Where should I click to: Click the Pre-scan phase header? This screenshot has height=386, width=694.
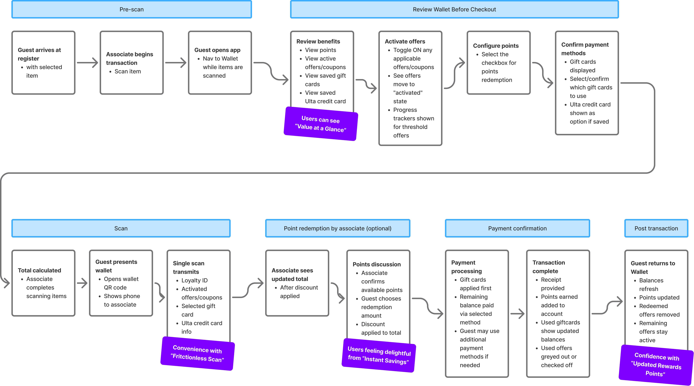(131, 9)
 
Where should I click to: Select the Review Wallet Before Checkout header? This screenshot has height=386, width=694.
(454, 9)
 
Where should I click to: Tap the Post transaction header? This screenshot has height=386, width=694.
(656, 228)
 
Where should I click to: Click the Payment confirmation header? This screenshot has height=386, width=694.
(517, 228)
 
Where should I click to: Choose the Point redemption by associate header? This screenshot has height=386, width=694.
(338, 228)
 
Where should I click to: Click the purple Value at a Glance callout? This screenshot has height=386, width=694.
(321, 124)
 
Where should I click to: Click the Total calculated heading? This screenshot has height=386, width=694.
(39, 270)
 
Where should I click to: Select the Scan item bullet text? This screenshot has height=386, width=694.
(128, 71)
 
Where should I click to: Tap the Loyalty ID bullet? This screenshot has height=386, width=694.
(194, 280)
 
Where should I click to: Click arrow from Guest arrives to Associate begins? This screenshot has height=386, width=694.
(88, 63)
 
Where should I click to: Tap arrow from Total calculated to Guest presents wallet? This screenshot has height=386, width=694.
(82, 283)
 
